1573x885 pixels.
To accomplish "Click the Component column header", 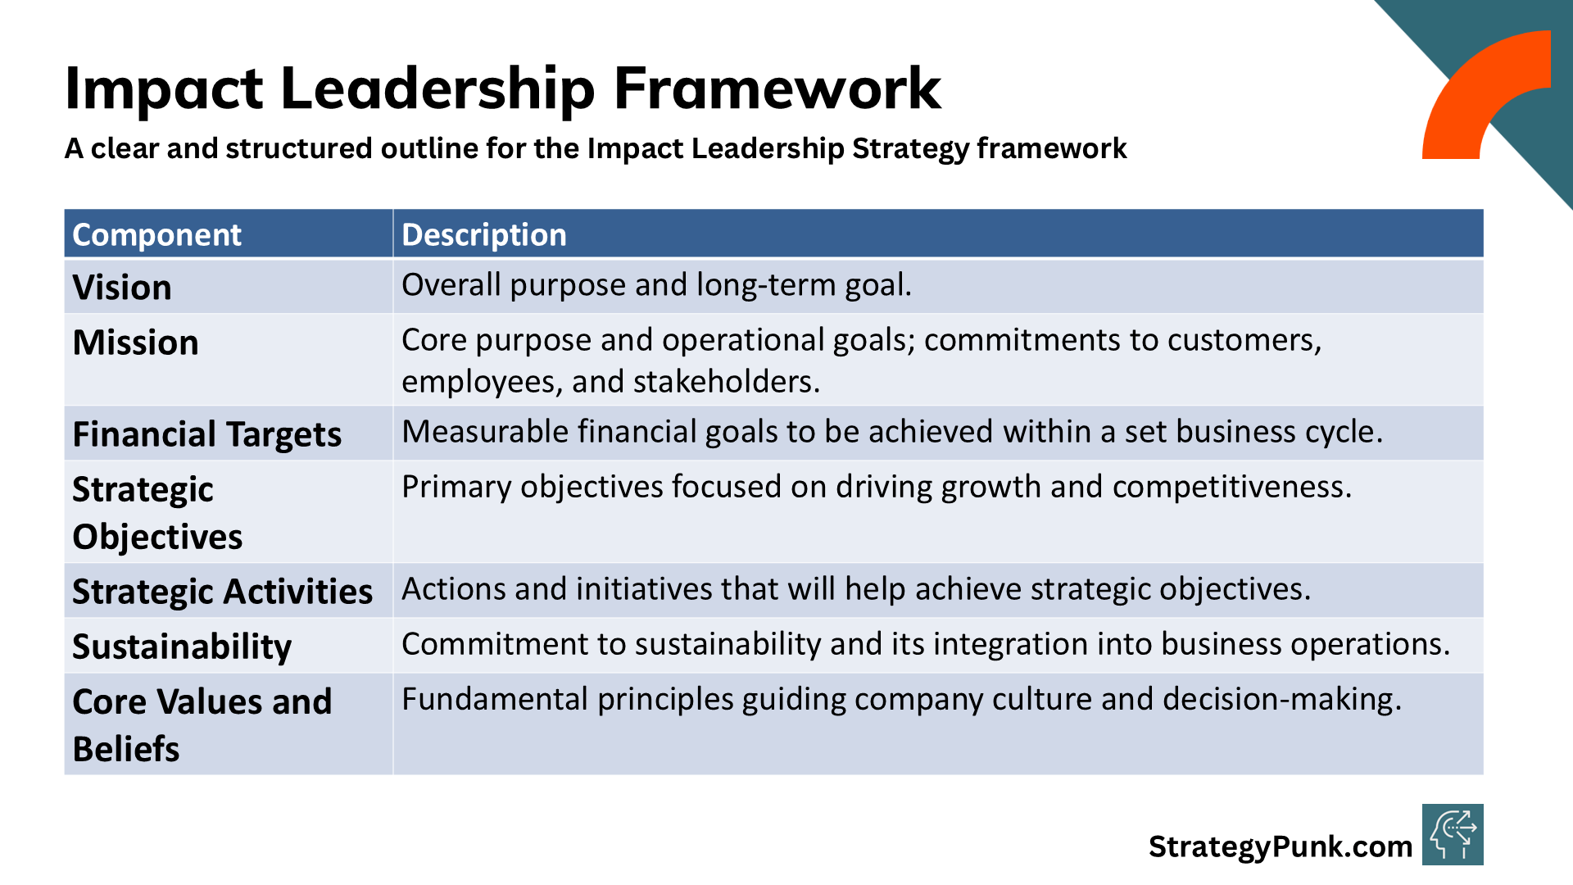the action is tap(156, 235).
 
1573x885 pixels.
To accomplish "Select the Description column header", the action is tap(483, 235).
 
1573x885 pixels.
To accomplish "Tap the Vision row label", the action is tap(122, 288).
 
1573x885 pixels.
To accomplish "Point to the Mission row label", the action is tap(136, 343).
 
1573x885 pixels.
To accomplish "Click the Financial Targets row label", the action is tap(207, 435).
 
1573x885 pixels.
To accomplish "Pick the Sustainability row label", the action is tap(182, 647).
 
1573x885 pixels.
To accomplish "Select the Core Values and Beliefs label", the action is tap(202, 725).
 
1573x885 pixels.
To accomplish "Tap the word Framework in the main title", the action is tap(777, 88).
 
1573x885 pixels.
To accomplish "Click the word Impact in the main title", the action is tap(164, 89).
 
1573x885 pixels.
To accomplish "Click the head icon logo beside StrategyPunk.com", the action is tap(1453, 834).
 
